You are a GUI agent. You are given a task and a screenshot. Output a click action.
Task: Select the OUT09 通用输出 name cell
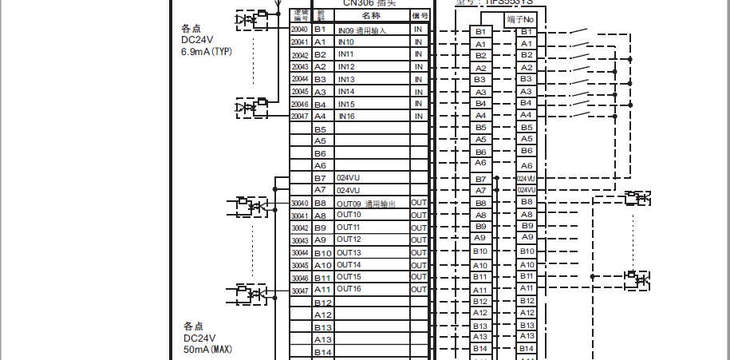(x=372, y=204)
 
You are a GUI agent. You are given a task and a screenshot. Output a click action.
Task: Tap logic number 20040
(x=300, y=30)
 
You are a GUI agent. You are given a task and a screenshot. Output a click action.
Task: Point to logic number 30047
(x=300, y=291)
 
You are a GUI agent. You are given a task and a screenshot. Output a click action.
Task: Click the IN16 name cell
(x=346, y=117)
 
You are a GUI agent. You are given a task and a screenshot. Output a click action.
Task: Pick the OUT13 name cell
(x=349, y=253)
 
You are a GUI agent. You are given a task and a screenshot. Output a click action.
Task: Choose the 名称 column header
(x=371, y=15)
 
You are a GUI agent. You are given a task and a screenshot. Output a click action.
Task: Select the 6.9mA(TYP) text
(x=206, y=51)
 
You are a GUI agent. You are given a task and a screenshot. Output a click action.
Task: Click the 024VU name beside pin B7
(x=349, y=178)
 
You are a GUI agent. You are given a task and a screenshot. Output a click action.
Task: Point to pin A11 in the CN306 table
(x=322, y=289)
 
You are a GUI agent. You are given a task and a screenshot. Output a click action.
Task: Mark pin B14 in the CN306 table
(x=322, y=352)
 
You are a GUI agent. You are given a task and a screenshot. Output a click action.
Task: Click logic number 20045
(x=300, y=92)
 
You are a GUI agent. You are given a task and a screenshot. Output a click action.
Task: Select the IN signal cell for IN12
(x=419, y=67)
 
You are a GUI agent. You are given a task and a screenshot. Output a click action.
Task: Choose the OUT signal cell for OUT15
(x=419, y=277)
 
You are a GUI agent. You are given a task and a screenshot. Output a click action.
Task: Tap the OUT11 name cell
(x=349, y=227)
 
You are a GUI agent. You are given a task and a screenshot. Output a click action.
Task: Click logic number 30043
(x=300, y=240)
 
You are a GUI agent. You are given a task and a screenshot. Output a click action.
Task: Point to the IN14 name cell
(x=346, y=92)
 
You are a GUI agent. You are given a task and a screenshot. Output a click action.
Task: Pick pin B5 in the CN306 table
(x=320, y=129)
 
